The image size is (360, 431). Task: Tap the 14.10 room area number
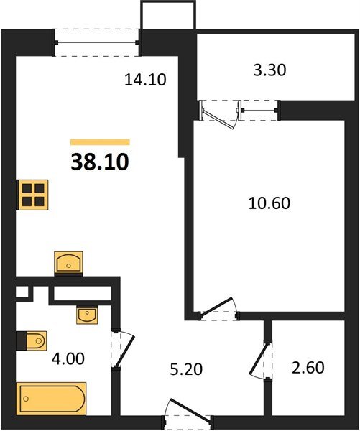click(145, 80)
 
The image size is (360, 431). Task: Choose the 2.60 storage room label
click(307, 369)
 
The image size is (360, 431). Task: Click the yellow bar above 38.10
click(100, 142)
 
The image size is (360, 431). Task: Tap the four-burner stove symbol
click(33, 194)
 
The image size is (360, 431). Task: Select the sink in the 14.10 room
click(69, 262)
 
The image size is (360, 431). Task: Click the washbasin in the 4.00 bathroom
click(87, 314)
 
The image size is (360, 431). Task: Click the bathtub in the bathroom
click(51, 397)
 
